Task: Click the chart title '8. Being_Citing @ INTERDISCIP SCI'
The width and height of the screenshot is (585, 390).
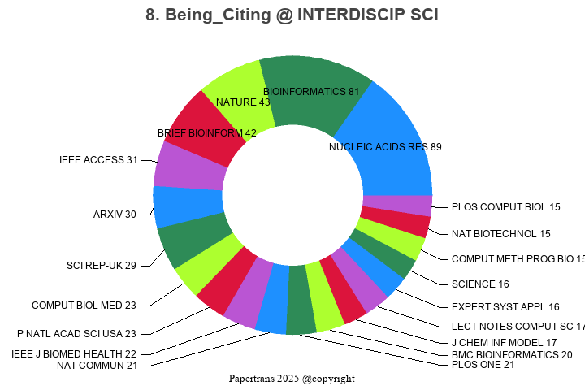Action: pos(292,15)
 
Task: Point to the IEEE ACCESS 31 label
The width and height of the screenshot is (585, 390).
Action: pos(98,160)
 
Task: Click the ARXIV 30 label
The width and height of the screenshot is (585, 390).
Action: pos(115,214)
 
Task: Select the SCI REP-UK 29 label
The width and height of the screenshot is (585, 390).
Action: pos(102,266)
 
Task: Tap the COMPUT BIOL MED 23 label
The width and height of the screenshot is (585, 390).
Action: pos(84,305)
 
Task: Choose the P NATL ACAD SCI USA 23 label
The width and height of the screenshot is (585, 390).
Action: pos(77,334)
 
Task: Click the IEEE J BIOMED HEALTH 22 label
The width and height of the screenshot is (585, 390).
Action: pos(74,353)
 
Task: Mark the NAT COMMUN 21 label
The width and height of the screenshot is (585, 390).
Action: pos(97,366)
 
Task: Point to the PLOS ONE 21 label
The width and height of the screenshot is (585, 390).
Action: pos(483,365)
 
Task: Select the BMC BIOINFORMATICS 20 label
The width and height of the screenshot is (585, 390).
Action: pos(512,354)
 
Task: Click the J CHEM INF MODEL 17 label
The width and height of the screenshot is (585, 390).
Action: pos(504,343)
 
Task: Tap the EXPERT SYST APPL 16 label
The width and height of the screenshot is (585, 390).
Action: pos(505,307)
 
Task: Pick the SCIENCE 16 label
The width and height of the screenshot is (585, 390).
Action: pos(480,284)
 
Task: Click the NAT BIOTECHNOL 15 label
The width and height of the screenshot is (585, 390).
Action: pos(501,234)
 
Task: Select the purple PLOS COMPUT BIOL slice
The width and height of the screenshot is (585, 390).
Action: pos(397,206)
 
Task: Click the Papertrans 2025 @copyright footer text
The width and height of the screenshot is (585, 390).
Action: pos(292,379)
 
